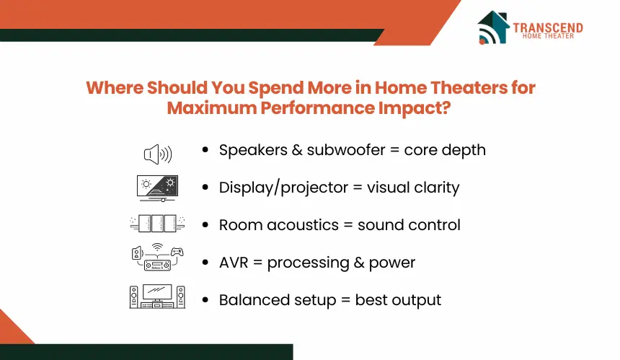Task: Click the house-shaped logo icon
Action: pyautogui.click(x=493, y=27)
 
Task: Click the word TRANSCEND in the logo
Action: pyautogui.click(x=548, y=27)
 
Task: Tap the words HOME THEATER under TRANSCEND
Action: pyautogui.click(x=548, y=36)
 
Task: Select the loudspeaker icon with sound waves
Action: pyautogui.click(x=158, y=154)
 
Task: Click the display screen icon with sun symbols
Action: pyautogui.click(x=157, y=188)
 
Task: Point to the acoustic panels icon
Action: pyautogui.click(x=157, y=224)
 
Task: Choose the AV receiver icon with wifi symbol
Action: pyautogui.click(x=157, y=257)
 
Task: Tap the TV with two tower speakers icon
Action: pyautogui.click(x=157, y=297)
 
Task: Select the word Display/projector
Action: pyautogui.click(x=283, y=188)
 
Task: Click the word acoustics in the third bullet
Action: pyautogui.click(x=303, y=225)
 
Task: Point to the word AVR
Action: pyautogui.click(x=234, y=263)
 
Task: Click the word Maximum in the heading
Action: pyautogui.click(x=211, y=108)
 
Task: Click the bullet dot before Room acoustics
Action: pyautogui.click(x=205, y=224)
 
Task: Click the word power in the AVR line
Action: pyautogui.click(x=392, y=263)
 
